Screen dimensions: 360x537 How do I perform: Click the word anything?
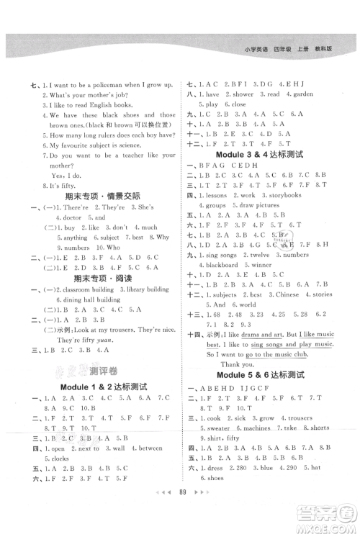coord(76,238)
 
